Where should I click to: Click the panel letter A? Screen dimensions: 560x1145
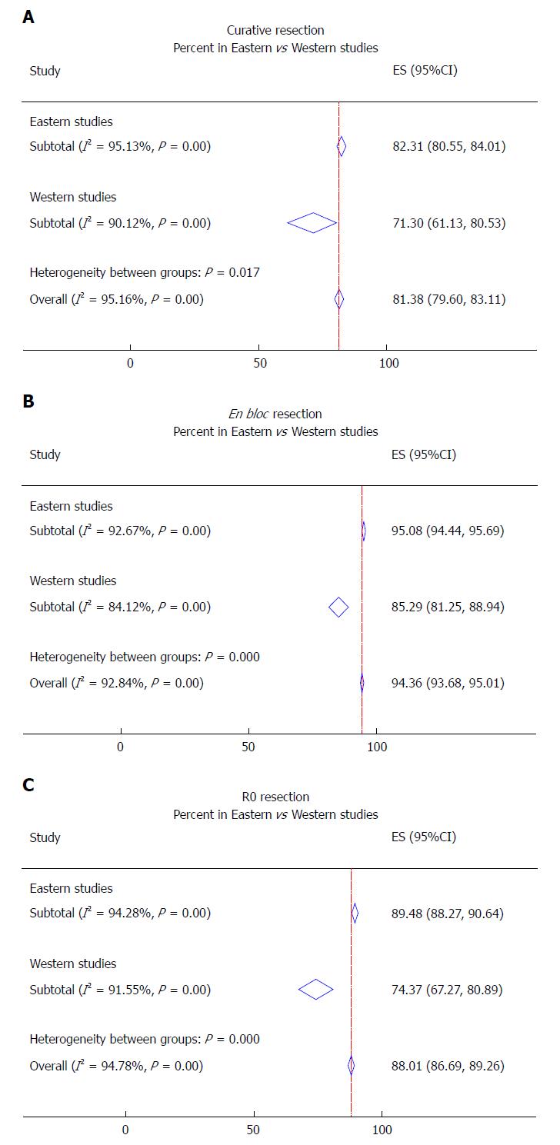click(28, 18)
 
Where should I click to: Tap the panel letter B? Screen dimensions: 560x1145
click(28, 401)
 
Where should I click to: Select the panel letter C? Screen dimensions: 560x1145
click(28, 784)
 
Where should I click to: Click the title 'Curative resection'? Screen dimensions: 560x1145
click(275, 30)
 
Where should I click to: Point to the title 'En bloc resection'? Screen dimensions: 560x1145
click(275, 414)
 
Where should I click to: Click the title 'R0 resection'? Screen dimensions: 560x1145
click(275, 797)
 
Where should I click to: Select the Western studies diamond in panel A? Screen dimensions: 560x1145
click(312, 223)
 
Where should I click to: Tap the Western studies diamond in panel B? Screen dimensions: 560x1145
click(338, 607)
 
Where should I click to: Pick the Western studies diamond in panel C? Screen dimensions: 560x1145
click(315, 989)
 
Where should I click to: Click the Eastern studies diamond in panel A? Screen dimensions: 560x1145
click(342, 147)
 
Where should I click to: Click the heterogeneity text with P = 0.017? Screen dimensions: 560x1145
click(145, 272)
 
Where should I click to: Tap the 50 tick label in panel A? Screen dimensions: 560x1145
click(260, 363)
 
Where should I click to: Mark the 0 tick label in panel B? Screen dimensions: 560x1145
click(120, 747)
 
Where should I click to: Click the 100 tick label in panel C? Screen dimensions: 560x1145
click(382, 1130)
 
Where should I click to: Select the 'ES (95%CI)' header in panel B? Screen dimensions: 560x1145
click(423, 454)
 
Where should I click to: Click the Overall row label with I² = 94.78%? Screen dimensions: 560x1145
click(116, 1066)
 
